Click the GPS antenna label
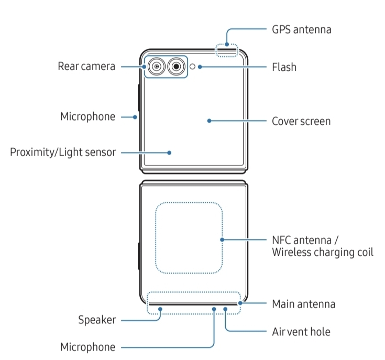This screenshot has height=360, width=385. pos(301,29)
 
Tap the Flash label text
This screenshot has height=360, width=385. pos(284,67)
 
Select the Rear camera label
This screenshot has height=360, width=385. pos(86,67)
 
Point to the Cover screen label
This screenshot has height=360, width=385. pos(301,121)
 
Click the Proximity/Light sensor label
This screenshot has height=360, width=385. pos(63,152)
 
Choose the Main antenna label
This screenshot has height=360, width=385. pos(303,304)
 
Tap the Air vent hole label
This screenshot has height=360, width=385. pos(301,332)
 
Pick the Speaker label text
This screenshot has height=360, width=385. pos(97,320)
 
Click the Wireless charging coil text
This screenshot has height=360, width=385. pos(322,252)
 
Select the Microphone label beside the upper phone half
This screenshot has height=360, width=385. pos(87,116)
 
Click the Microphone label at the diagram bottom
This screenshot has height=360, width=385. pos(87,347)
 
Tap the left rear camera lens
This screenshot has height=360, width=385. pos(156,67)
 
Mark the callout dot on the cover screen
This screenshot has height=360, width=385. pos(209,121)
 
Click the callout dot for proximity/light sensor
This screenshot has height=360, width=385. pos(170,152)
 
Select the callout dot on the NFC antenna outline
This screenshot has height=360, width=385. pos(223,239)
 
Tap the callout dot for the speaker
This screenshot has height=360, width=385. pos(161,309)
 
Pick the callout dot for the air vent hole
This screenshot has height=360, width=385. pos(226,309)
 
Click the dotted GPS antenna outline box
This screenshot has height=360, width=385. pos(226,50)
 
